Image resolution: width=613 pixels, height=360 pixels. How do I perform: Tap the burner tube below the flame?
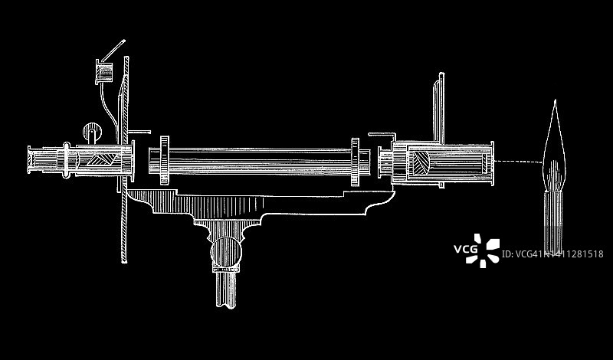551,218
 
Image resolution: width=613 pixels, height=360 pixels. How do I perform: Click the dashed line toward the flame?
516,162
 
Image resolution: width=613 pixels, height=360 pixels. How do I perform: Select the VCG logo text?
465,249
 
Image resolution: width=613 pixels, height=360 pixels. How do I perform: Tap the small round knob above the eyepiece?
92,132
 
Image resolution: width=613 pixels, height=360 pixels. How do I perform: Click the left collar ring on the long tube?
166,162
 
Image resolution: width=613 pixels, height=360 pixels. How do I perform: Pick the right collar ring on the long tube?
355,162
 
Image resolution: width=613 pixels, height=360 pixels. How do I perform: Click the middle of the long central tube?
261,162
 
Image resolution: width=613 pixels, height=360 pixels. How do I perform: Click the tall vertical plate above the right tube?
440,107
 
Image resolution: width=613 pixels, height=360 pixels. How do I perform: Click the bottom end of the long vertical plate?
124,253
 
